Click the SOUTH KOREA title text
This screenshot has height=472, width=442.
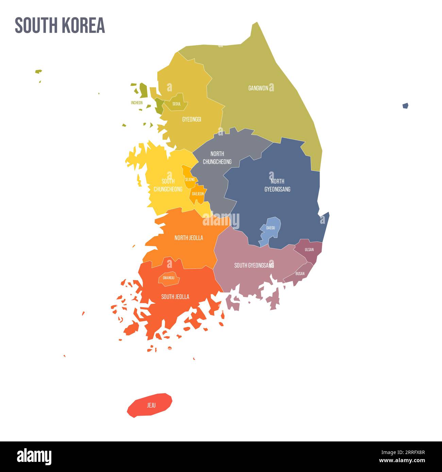[x=60, y=25]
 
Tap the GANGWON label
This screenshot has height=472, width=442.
[x=258, y=88]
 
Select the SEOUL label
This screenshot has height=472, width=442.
[x=176, y=104]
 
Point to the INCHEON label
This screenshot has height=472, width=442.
[x=137, y=103]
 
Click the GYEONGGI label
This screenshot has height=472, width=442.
[x=191, y=119]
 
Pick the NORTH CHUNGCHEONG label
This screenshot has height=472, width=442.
[x=217, y=158]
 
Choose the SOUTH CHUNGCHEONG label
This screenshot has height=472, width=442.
[x=168, y=185]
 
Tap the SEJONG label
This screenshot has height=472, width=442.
[x=190, y=180]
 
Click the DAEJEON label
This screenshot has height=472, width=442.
[x=198, y=194]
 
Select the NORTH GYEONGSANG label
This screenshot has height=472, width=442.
[x=277, y=185]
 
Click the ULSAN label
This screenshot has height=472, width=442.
[x=309, y=250]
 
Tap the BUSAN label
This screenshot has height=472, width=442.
[x=300, y=273]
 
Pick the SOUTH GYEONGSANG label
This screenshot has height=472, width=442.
[x=254, y=265]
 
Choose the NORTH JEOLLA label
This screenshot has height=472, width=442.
[x=189, y=238]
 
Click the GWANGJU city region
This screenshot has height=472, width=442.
[x=169, y=278]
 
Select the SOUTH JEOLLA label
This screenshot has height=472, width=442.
[x=175, y=297]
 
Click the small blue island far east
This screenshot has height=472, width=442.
[x=405, y=106]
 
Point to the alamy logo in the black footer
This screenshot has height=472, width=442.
[x=34, y=457]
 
